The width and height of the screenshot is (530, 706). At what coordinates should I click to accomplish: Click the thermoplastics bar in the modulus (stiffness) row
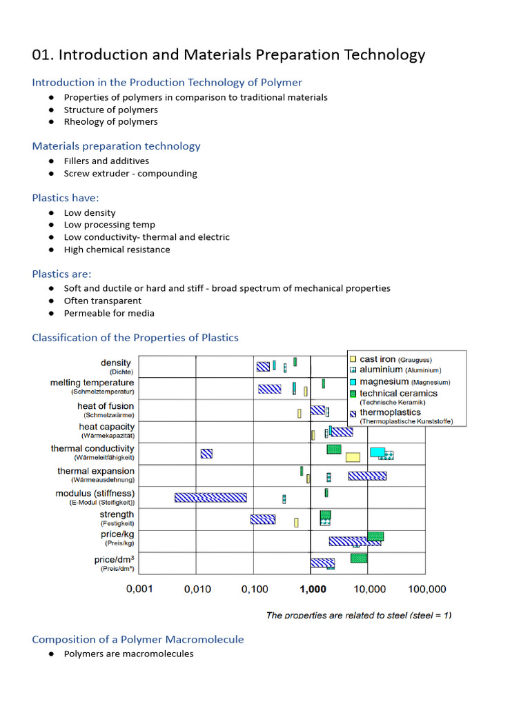(210, 497)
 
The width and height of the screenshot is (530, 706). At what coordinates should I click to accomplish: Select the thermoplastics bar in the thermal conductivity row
(206, 453)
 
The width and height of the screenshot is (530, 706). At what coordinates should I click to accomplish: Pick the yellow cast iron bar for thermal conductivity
(353, 457)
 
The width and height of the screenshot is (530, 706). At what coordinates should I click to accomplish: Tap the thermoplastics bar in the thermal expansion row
(367, 476)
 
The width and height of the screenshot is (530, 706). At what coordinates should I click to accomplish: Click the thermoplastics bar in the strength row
(262, 519)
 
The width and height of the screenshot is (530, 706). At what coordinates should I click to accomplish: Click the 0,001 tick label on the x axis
(139, 589)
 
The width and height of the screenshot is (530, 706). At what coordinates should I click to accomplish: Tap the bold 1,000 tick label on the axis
(313, 589)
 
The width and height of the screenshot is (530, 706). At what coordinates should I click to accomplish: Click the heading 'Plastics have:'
(66, 198)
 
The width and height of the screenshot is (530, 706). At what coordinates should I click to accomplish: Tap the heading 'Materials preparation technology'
(116, 146)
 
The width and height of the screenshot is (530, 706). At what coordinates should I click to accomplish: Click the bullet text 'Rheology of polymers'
(110, 122)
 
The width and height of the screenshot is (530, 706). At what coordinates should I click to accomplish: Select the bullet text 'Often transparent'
(103, 301)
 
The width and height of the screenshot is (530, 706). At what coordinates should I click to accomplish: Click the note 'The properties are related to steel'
(359, 615)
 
